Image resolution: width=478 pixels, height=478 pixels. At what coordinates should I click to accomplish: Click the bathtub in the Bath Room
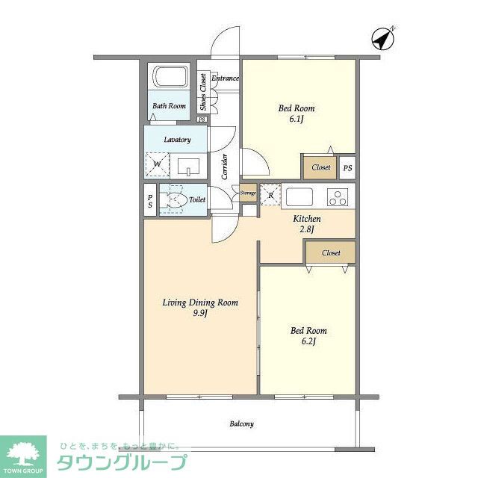(x=171, y=76)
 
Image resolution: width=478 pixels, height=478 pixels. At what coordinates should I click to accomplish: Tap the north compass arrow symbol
(x=383, y=39)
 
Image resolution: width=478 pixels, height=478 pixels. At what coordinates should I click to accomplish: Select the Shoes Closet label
(x=203, y=92)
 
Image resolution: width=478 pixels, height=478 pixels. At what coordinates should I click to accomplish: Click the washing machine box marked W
(x=158, y=164)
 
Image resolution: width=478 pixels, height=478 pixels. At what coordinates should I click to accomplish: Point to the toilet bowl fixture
(x=174, y=199)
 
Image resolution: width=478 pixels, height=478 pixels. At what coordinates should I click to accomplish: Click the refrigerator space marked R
(x=270, y=195)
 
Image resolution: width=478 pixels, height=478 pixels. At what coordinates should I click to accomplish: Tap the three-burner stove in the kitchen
(x=337, y=197)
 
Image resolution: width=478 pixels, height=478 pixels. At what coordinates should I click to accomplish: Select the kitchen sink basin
(x=299, y=197)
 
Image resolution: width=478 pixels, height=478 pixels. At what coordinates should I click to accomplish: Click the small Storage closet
(x=248, y=193)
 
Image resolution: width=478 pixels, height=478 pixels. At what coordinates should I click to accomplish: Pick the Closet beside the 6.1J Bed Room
(x=320, y=167)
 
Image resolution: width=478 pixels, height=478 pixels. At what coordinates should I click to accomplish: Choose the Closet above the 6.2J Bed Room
(x=331, y=252)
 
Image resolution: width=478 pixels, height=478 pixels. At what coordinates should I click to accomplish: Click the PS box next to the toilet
(x=150, y=201)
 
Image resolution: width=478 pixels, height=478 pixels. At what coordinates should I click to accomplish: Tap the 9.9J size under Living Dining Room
(x=200, y=314)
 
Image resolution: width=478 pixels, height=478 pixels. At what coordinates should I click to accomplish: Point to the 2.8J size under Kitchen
(x=307, y=229)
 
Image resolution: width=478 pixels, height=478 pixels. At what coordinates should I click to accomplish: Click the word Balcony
(x=241, y=424)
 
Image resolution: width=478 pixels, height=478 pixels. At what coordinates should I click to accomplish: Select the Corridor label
(x=225, y=167)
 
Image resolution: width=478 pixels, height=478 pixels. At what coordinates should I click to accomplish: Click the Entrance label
(x=225, y=78)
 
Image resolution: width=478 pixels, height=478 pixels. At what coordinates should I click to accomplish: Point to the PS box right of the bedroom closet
(x=347, y=167)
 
